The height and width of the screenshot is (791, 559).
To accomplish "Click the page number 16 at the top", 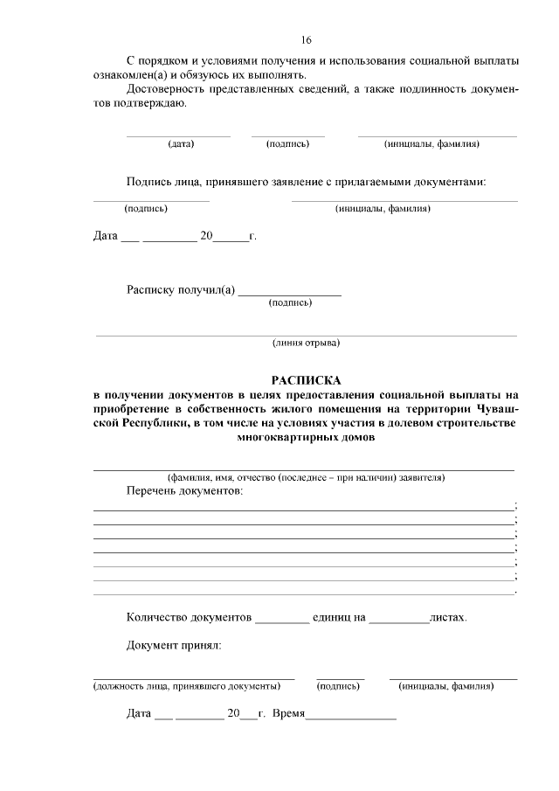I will [306, 40].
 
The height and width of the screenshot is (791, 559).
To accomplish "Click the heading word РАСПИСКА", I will [306, 380].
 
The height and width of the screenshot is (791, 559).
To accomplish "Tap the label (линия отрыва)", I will [306, 343].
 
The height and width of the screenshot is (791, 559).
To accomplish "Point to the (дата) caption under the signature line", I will [181, 143].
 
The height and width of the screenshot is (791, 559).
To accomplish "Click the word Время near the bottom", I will [288, 713].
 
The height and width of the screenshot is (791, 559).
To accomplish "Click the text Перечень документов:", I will [184, 492].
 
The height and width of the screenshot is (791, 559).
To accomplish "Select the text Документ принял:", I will [174, 646].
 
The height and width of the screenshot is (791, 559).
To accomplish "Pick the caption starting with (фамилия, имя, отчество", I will [306, 478].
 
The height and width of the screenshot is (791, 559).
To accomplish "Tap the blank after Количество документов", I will [281, 621].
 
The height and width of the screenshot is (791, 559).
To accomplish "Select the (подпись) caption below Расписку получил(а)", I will [291, 303].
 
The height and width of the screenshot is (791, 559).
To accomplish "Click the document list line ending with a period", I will [303, 593].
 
